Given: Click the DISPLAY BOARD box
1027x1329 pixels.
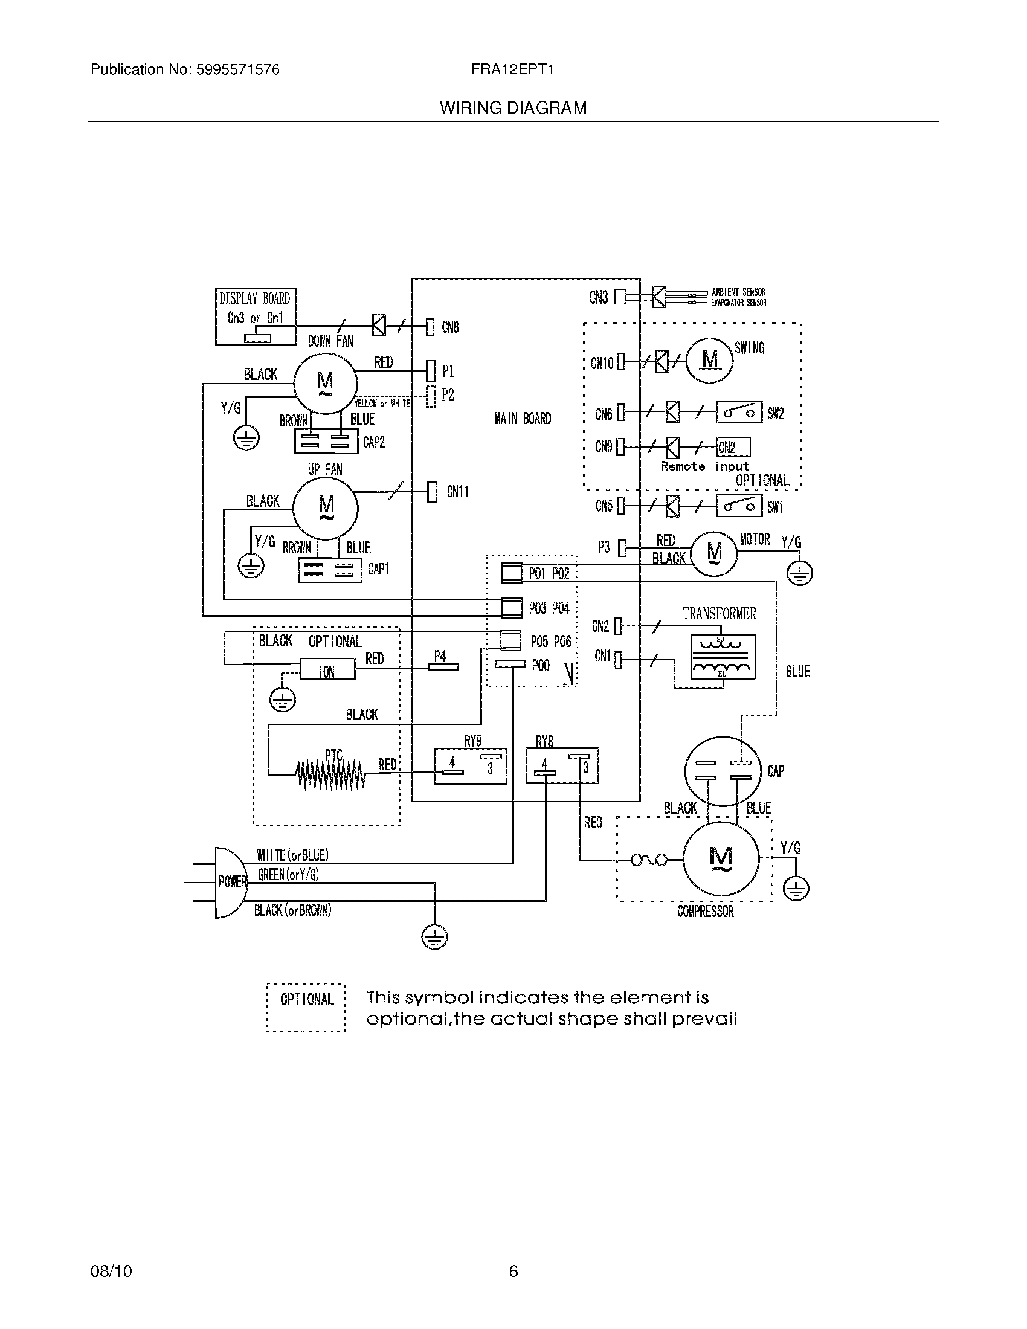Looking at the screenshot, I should point(256,317).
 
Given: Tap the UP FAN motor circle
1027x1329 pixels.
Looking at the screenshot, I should point(326,508).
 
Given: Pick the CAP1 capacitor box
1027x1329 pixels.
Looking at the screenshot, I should point(329,570).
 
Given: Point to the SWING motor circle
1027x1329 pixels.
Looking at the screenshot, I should point(709,360).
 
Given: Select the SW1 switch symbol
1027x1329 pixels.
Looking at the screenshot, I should point(739,506).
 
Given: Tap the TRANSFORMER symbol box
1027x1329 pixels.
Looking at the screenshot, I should point(723,657).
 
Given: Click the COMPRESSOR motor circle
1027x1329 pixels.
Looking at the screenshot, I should point(721,858).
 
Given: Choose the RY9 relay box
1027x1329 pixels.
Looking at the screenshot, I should point(470,766).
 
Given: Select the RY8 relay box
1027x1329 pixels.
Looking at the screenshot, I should point(561,765).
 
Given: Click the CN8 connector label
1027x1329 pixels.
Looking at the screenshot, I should point(449,327).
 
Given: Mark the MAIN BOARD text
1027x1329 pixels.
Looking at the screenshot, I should point(523,419).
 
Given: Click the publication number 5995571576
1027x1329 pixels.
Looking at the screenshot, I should point(237,70).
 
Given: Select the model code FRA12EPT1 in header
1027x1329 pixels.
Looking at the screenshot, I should point(512,70).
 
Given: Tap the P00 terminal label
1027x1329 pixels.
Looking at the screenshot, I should point(540,666).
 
